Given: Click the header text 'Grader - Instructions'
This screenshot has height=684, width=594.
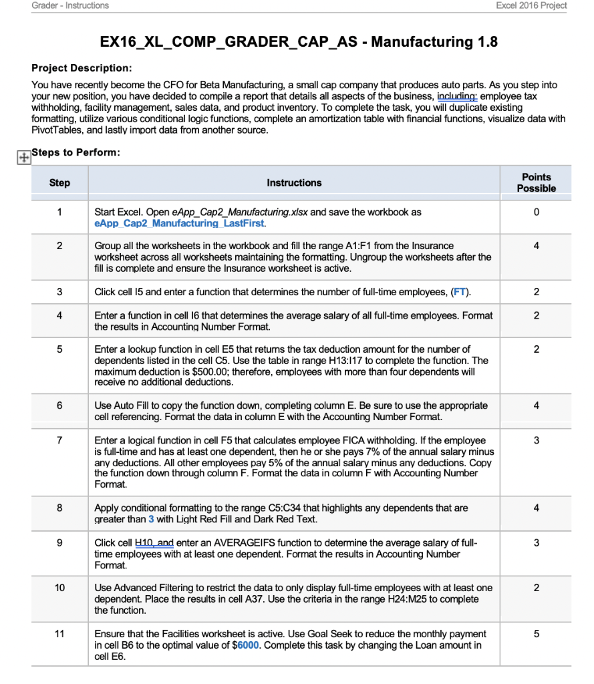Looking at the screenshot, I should (70, 5).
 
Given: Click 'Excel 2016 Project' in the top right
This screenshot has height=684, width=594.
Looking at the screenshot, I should (531, 5).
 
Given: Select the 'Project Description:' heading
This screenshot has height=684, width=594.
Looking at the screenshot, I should (82, 69).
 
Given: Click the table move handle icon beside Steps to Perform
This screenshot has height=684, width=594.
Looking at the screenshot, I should (23, 156).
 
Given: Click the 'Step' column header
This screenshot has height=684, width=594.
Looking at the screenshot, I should (59, 182).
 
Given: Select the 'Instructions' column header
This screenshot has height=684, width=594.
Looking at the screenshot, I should (294, 182).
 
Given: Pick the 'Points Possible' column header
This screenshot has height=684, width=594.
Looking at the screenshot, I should (536, 182).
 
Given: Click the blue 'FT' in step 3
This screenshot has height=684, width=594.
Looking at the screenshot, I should (460, 292).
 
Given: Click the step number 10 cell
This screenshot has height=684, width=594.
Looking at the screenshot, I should (59, 588).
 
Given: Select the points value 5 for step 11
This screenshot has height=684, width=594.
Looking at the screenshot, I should (536, 633).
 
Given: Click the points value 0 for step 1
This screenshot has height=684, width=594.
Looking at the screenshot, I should (536, 212).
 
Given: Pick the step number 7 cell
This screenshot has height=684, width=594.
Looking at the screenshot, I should (59, 440).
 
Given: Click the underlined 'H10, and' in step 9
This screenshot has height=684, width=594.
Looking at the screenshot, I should (154, 542).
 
